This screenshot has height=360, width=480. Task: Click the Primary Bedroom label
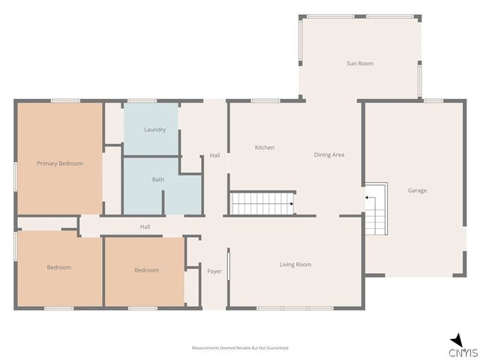point(60,163)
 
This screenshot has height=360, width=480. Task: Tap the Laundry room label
point(155,130)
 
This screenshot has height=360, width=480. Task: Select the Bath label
point(158,180)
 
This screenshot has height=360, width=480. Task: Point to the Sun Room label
point(360,64)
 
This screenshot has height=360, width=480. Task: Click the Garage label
point(417,190)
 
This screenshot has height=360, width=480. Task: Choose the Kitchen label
point(265,148)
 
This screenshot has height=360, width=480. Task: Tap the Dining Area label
point(329,155)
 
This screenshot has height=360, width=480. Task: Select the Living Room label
point(295,265)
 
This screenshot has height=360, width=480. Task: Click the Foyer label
point(214,271)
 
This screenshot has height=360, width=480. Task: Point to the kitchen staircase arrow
point(292,204)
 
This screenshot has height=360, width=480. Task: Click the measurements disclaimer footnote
point(240,348)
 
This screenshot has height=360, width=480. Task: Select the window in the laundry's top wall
point(142,100)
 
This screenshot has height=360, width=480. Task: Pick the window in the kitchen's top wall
point(265,100)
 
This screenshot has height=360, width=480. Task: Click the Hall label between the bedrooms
point(145,226)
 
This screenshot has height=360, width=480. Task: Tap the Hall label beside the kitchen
point(214,155)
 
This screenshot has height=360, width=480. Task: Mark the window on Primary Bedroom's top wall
point(65,100)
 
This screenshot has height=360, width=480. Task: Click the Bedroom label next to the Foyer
point(147,270)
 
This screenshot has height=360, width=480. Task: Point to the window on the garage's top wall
point(433,100)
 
